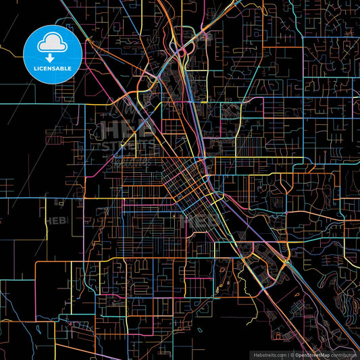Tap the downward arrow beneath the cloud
[x=52, y=57]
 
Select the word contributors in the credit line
[x=344, y=354]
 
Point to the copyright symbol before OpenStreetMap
[x=292, y=354]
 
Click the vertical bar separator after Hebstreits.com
[x=287, y=354]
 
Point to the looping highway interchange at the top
[x=181, y=51]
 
